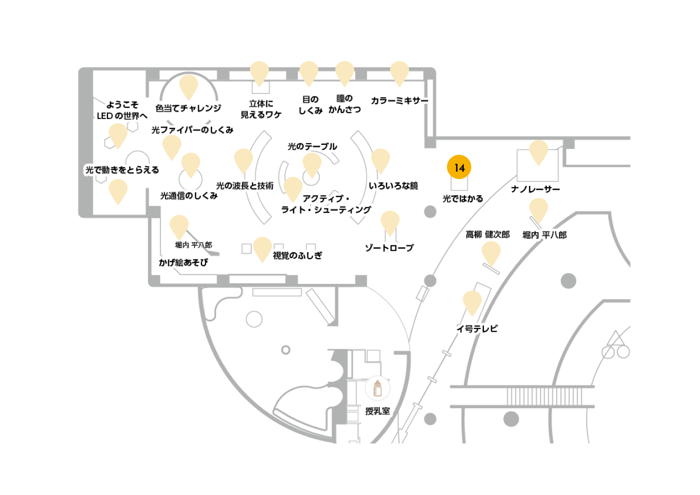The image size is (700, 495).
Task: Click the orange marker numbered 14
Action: click(x=459, y=167)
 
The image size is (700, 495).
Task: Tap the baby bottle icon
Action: click(x=377, y=388)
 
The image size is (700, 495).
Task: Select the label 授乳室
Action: click(x=377, y=411)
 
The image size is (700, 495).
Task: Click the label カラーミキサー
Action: click(x=400, y=101)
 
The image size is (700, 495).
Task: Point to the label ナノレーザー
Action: click(x=536, y=189)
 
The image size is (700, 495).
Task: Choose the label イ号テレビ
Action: click(x=477, y=329)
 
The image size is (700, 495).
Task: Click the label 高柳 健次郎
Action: click(x=488, y=234)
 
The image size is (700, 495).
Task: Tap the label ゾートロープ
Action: click(x=390, y=248)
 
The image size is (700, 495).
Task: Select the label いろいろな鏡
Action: click(x=393, y=186)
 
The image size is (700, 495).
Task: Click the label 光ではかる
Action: click(x=463, y=199)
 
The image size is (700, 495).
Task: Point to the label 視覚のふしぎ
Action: click(x=297, y=256)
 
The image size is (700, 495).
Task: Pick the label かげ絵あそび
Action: click(x=183, y=262)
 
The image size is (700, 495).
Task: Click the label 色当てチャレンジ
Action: click(x=188, y=108)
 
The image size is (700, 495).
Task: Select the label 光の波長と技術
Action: click(x=245, y=186)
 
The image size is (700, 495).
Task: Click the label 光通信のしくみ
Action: click(x=189, y=196)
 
